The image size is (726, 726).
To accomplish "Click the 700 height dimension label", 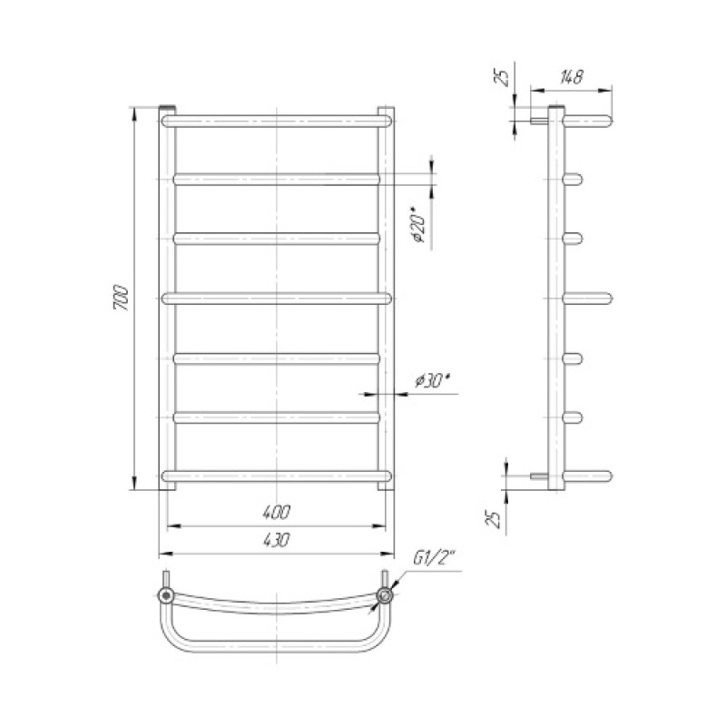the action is click(x=122, y=298).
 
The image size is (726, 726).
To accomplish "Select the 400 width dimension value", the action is click(x=277, y=512).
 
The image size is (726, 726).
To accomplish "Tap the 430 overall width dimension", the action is click(x=277, y=539).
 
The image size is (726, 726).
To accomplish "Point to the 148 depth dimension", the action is click(x=572, y=77).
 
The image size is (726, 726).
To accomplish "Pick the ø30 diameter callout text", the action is click(x=433, y=380).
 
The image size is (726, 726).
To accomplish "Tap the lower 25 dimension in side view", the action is click(x=495, y=519).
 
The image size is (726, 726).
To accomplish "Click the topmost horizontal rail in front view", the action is click(x=277, y=122).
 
